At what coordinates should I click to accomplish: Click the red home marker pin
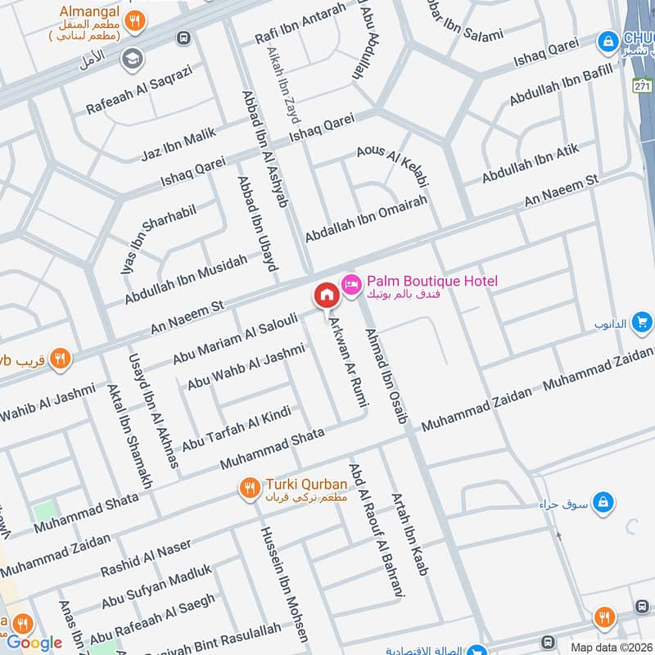point(326,295)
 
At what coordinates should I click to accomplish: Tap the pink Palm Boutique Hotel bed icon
point(350,282)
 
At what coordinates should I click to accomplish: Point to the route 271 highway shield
point(642,85)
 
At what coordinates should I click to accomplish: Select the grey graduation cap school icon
point(130,59)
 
